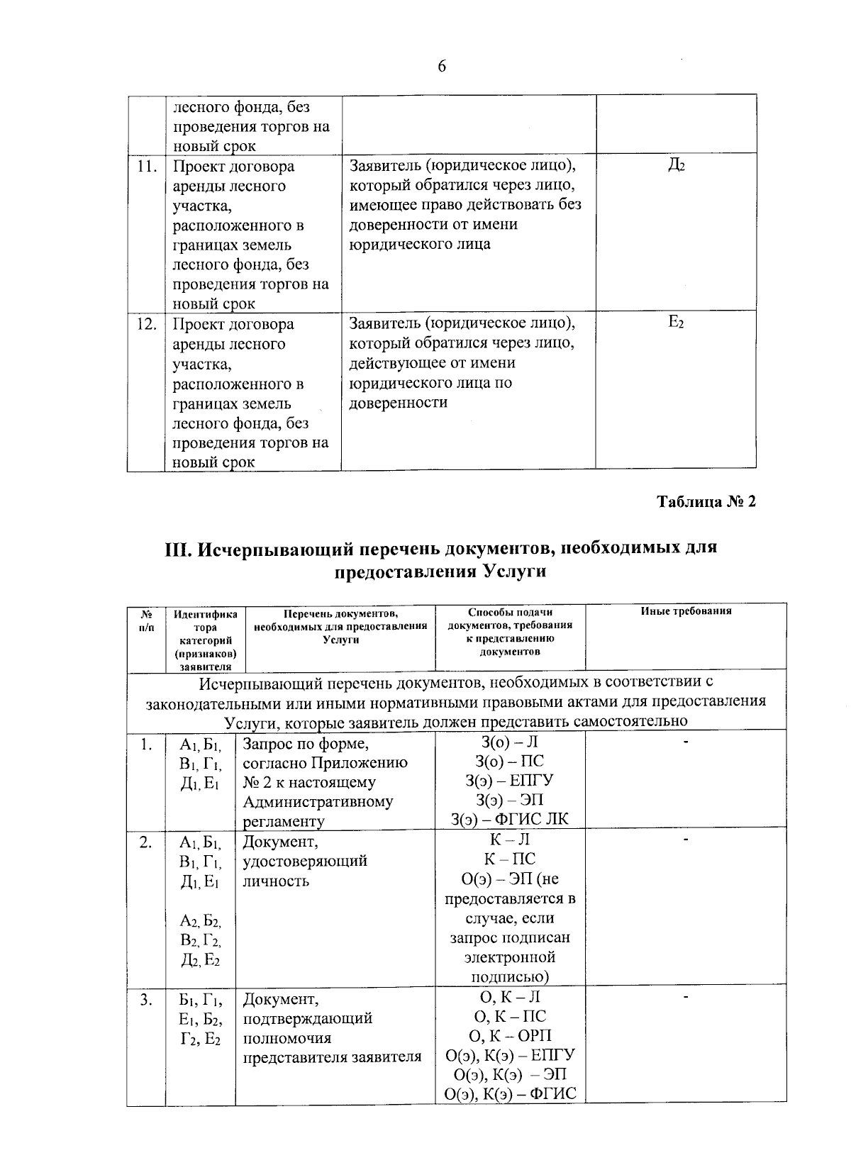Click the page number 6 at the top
(442, 67)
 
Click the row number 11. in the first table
(146, 167)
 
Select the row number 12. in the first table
(146, 325)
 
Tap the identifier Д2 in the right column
(675, 166)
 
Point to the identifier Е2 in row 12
(675, 323)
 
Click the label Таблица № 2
(706, 502)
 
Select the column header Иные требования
(686, 611)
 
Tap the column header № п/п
(145, 618)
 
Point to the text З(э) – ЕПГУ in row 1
(510, 781)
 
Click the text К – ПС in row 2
(510, 859)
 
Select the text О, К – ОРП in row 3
(510, 1036)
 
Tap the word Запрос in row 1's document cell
(269, 745)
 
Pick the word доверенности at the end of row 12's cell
(398, 403)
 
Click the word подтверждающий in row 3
(307, 1019)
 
